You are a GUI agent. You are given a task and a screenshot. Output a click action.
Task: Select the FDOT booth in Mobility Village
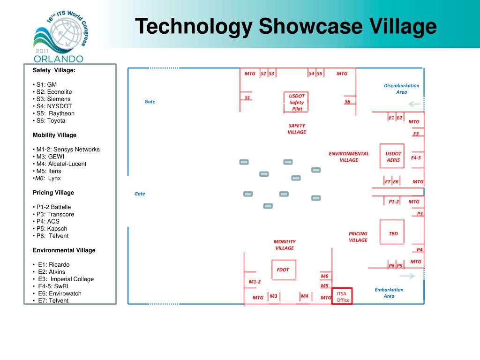[x=283, y=270]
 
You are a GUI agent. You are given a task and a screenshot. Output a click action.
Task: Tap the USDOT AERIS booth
[x=393, y=157]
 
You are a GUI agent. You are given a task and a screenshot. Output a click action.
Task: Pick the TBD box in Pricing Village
[x=393, y=233]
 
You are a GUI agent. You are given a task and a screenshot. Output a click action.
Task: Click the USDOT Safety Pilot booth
[x=297, y=102]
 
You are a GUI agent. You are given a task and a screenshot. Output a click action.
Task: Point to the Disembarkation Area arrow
[x=414, y=104]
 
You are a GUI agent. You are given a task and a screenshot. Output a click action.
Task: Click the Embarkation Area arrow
[x=408, y=276]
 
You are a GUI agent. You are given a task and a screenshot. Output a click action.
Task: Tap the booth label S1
[x=247, y=97]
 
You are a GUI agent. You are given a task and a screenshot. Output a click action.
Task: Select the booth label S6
[x=347, y=101]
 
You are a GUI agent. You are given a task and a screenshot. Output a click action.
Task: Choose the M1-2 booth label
[x=255, y=281]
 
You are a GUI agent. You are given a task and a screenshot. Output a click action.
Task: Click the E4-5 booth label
[x=416, y=157]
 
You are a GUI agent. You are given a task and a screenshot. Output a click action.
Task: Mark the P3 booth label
[x=420, y=213]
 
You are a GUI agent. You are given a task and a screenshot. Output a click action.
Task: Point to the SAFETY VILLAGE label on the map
[x=297, y=128]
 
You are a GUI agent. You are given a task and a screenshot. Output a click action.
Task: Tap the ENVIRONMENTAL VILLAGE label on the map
[x=349, y=157]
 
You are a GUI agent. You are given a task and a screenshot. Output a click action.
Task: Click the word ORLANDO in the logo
[x=58, y=59]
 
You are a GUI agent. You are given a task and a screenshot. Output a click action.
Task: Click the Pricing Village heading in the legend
[x=53, y=193]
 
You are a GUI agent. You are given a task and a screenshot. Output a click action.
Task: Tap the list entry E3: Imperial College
[x=66, y=279]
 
